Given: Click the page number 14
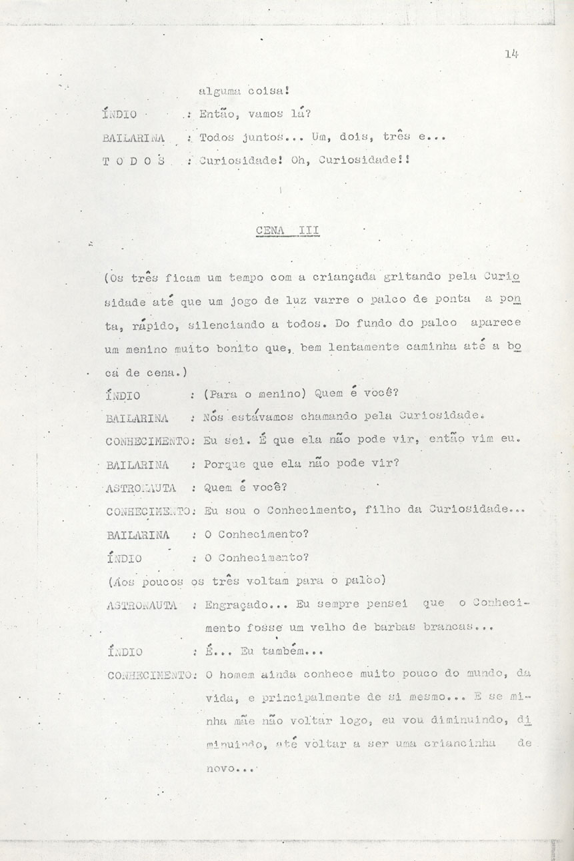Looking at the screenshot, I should click(511, 55).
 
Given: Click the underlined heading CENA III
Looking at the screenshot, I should click(287, 231).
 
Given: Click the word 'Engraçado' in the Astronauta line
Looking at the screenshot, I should click(233, 605).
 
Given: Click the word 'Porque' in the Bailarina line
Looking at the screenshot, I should click(225, 464).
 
